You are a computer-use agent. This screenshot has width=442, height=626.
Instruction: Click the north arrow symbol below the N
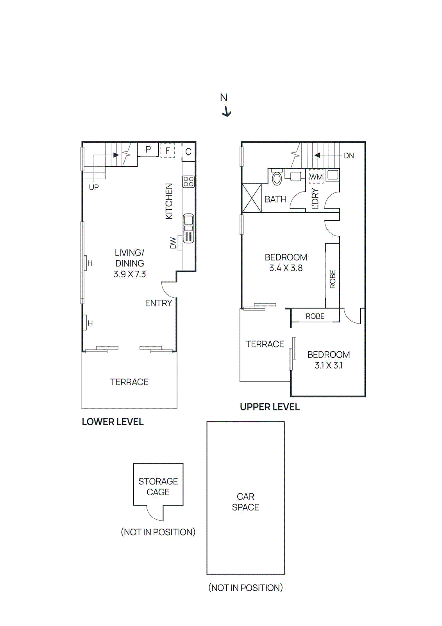click(227, 112)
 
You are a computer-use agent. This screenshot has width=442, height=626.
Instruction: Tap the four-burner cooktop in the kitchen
click(188, 182)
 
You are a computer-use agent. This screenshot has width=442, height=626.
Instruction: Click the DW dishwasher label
click(173, 243)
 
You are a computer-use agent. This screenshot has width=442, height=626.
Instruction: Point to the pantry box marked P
click(148, 149)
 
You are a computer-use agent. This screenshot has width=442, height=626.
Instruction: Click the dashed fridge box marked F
click(168, 150)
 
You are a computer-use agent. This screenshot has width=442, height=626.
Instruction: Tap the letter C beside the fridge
click(188, 152)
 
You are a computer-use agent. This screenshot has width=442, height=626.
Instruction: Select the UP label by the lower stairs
click(94, 187)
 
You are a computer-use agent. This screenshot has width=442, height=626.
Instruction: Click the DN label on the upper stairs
click(349, 156)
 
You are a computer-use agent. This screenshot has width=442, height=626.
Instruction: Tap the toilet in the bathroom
click(277, 178)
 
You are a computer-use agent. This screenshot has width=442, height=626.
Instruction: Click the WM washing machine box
click(316, 176)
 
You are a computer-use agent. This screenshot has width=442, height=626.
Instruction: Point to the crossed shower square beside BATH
click(252, 198)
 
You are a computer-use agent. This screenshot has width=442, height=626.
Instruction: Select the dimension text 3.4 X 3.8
click(286, 268)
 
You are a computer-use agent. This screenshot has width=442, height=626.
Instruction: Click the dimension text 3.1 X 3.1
click(329, 365)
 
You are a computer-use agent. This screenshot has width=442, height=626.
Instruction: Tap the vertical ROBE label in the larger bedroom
click(333, 279)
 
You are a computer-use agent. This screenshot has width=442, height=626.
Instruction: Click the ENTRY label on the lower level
click(158, 303)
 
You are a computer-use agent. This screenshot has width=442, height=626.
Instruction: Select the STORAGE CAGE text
click(158, 487)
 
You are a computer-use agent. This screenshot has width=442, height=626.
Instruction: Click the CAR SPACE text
click(245, 502)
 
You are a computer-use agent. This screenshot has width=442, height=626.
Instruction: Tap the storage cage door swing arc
click(154, 514)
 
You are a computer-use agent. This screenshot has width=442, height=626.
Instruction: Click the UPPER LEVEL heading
click(270, 407)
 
